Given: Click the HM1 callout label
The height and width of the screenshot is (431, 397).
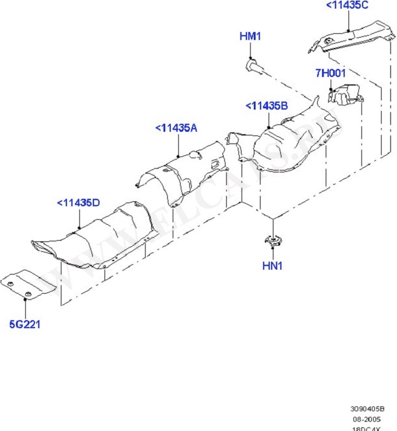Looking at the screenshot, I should pyautogui.click(x=250, y=37).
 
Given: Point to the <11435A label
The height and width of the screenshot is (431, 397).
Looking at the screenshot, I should pyautogui.click(x=176, y=128).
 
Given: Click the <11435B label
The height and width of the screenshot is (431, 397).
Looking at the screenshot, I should pyautogui.click(x=267, y=107).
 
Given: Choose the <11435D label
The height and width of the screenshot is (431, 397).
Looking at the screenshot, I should pyautogui.click(x=78, y=203).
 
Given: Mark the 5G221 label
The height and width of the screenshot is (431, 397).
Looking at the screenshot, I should pyautogui.click(x=25, y=324).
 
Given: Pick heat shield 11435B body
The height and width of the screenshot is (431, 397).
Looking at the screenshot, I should pyautogui.click(x=289, y=139).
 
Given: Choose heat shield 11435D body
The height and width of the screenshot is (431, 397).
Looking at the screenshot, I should pyautogui.click(x=98, y=237).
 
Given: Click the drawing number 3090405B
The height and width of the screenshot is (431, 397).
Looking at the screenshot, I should pyautogui.click(x=368, y=408).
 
